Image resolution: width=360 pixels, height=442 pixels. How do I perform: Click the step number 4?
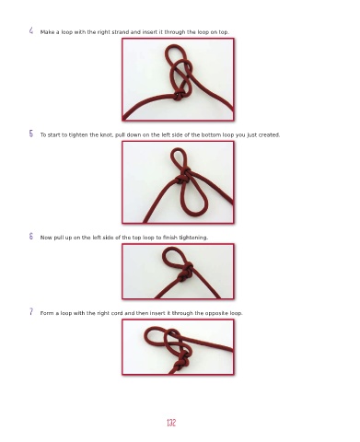click(31, 30)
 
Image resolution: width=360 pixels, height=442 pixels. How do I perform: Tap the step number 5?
click(31, 134)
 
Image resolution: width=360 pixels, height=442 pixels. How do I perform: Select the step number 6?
click(31, 236)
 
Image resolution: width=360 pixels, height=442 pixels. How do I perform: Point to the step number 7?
click(31, 312)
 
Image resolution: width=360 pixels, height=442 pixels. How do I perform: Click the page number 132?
click(171, 423)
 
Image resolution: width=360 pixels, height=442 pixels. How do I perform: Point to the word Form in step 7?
click(47, 313)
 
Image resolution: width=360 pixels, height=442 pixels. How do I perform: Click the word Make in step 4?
click(47, 32)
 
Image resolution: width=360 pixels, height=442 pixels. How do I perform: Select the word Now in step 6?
click(46, 238)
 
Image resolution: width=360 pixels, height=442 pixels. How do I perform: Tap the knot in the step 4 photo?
click(179, 95)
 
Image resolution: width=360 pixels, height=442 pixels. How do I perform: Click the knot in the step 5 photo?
click(183, 176)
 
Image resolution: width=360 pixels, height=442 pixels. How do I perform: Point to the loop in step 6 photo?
click(164, 256)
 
